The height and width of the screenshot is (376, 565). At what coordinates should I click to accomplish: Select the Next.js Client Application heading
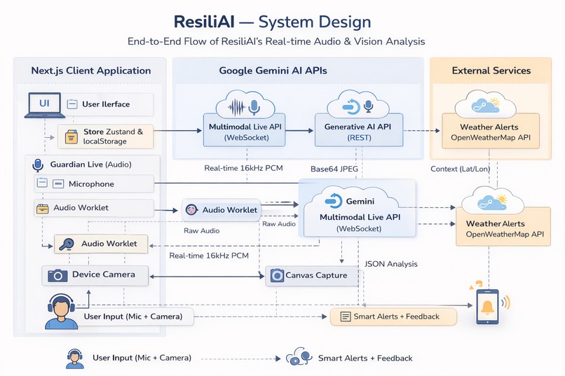(91, 70)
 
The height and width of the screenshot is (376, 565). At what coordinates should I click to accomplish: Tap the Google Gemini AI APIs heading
(273, 70)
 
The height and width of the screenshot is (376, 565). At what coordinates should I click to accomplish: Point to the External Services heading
(491, 70)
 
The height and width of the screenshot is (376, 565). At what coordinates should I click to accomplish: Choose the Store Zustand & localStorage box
(105, 136)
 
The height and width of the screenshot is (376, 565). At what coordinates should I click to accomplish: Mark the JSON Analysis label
(391, 264)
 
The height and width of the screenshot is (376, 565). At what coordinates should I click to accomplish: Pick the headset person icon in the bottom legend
(75, 358)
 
